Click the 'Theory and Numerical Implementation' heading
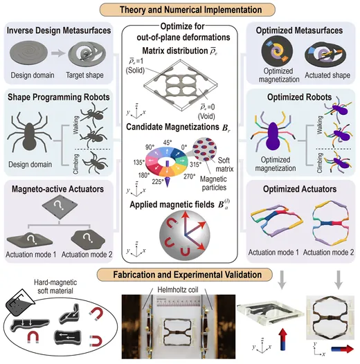click(190, 10)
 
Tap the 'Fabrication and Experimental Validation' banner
click(187, 275)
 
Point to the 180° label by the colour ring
click(144, 175)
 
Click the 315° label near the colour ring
click(195, 165)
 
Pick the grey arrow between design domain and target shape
click(58, 53)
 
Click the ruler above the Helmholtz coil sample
click(178, 302)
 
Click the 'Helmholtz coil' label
click(178, 290)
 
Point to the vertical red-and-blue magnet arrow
click(284, 339)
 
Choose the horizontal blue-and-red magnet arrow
click(343, 349)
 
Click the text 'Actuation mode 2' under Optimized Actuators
click(328, 253)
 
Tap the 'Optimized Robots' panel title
click(299, 97)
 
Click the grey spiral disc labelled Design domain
click(29, 53)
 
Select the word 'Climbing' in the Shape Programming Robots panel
click(76, 164)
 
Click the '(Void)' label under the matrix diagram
click(206, 116)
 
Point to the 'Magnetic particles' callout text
click(214, 183)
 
